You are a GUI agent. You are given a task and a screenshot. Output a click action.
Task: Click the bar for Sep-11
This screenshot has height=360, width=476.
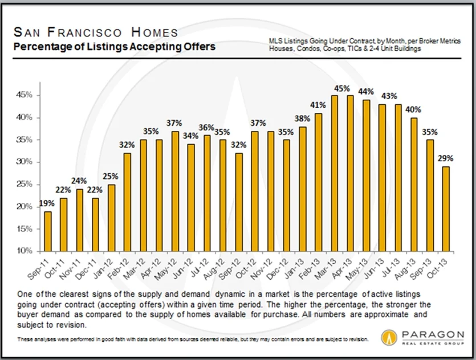48,231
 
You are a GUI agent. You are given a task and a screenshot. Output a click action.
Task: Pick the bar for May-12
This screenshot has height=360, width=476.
175,191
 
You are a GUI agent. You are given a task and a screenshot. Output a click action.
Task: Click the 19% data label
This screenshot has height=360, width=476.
47,203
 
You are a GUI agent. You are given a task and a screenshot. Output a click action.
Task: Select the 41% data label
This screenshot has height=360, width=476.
319,105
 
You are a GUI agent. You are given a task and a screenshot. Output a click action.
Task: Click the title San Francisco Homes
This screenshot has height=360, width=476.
96,32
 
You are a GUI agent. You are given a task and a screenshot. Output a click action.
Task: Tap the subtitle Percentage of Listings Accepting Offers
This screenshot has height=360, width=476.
114,47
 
